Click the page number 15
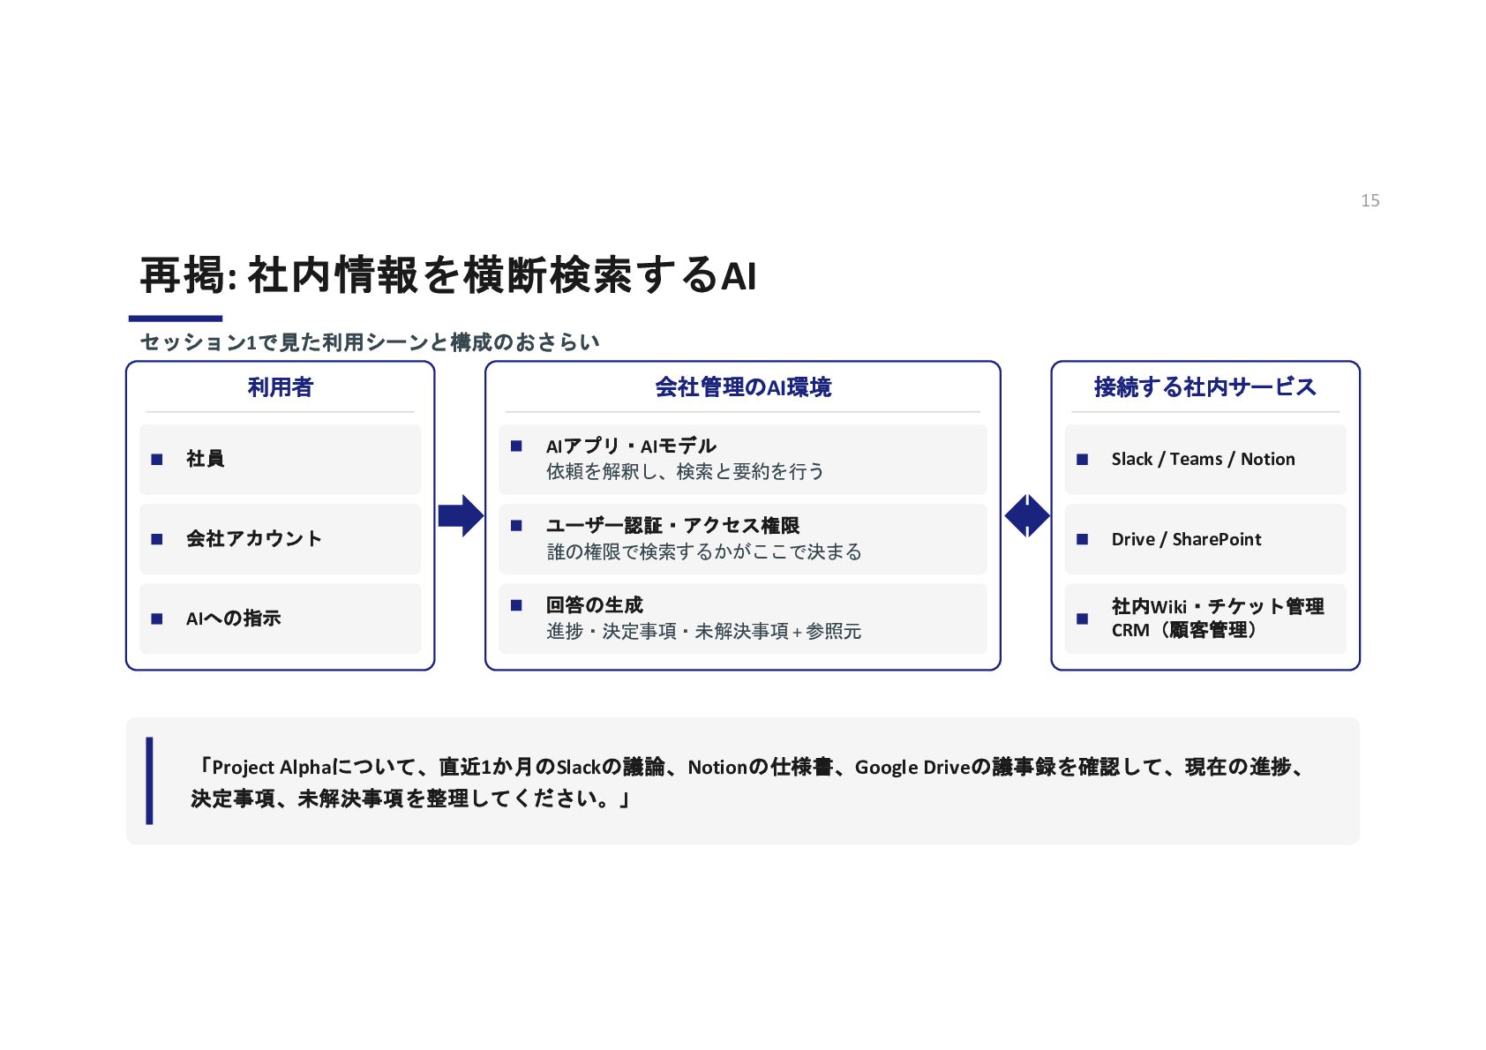1370,200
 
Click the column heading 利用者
280,386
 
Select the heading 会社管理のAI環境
742,386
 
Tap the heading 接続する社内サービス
1205,386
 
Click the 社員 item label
205,458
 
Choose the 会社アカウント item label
254,538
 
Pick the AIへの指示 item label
234,619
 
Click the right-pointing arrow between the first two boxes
461,515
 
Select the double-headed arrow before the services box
1027,515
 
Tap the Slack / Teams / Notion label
1203,459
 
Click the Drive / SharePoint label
1186,539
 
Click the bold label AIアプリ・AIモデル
631,446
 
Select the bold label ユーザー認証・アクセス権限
672,525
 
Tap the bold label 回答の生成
595,605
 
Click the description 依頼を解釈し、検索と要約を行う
686,471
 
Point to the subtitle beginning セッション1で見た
370,342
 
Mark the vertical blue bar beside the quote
149,781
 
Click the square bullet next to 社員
156,459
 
